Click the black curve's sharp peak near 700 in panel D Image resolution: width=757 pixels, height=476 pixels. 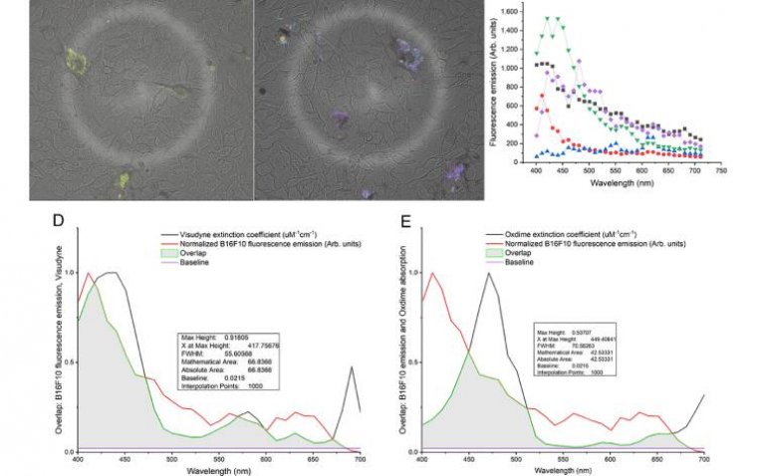352,367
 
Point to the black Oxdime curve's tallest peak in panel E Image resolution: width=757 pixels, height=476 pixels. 489,273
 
